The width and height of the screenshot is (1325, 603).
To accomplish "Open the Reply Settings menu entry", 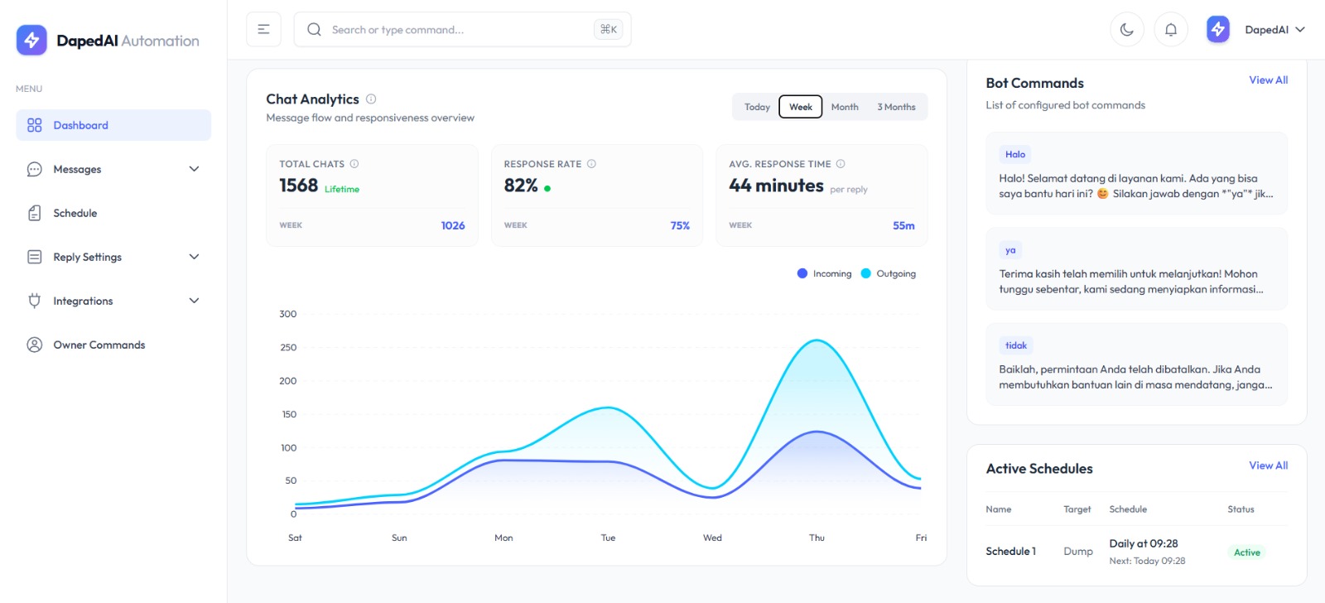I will [x=87, y=257].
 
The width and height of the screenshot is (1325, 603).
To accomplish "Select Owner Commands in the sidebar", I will [x=99, y=345].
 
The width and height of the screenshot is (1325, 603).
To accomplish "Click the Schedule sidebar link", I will [x=75, y=213].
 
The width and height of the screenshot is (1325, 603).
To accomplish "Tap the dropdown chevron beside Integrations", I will [x=194, y=301].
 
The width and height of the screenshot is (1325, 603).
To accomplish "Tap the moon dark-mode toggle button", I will [x=1126, y=30].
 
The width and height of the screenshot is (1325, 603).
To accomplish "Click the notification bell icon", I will [x=1170, y=30].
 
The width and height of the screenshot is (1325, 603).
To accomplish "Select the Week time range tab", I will [x=800, y=107].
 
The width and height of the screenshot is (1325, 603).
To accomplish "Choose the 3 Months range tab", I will [x=896, y=107].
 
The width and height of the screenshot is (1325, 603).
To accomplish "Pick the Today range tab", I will [x=757, y=107].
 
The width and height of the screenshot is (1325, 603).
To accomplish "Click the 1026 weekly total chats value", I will [x=452, y=225].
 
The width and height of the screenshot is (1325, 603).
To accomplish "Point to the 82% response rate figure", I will [x=521, y=186].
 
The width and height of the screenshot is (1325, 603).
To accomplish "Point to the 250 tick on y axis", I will [x=287, y=348].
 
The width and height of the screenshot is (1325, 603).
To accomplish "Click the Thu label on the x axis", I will [x=817, y=538].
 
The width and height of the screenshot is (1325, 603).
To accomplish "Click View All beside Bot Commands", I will [x=1268, y=80].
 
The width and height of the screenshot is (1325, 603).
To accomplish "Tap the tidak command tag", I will [x=1015, y=345].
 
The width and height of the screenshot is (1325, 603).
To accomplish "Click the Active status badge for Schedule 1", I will [x=1246, y=552].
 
